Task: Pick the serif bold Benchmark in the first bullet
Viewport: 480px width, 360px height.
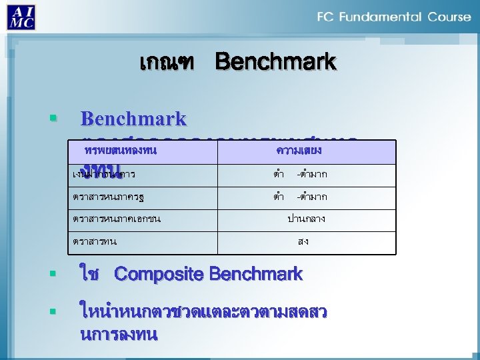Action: (133, 119)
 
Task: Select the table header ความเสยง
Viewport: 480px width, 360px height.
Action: (299, 151)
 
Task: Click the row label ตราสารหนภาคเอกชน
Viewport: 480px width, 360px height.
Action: (117, 219)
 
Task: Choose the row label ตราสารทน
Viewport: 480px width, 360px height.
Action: (95, 241)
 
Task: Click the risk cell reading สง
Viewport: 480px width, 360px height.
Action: (303, 241)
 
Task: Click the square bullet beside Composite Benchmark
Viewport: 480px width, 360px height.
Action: (52, 274)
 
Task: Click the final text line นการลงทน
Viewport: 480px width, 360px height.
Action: (118, 335)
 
